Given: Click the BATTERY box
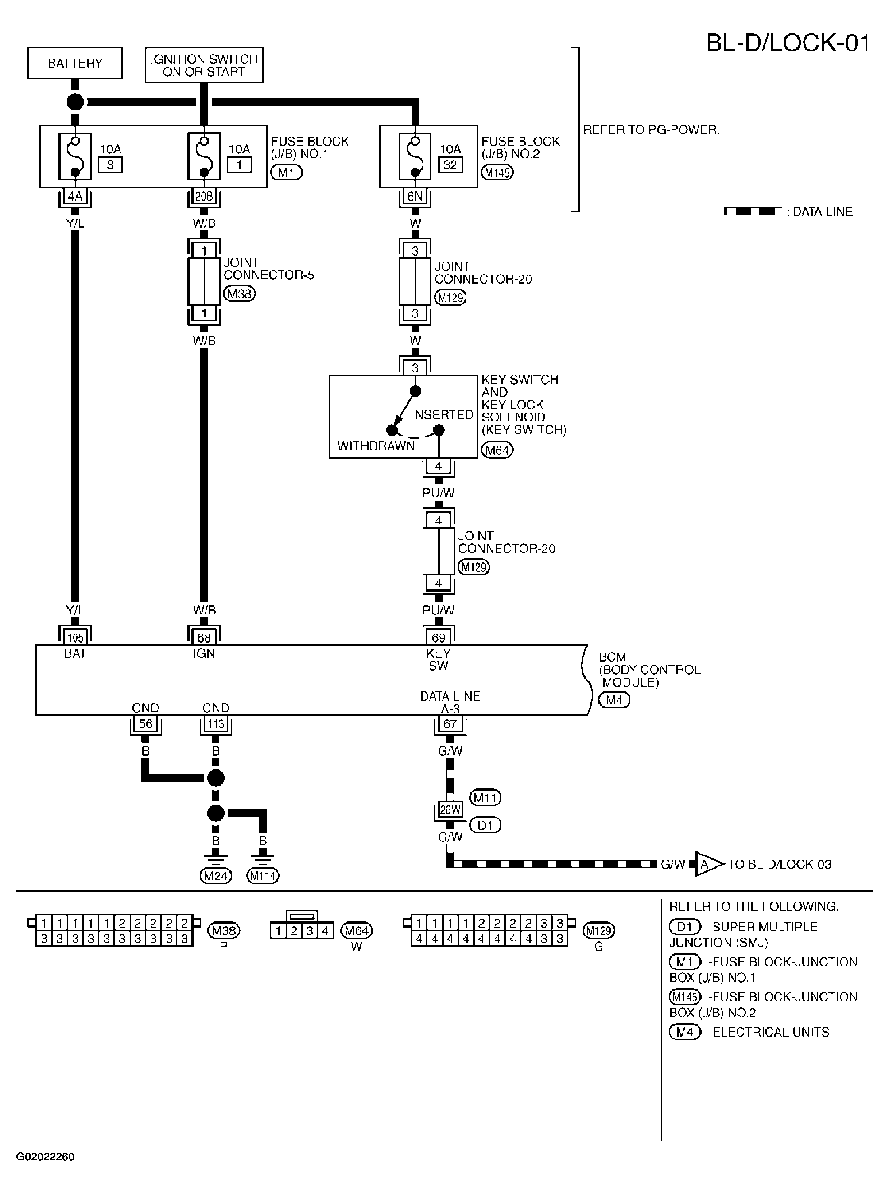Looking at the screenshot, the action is pos(75,63).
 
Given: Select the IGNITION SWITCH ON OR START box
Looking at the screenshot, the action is pos(204,65).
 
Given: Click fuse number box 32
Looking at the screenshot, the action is pos(450,165).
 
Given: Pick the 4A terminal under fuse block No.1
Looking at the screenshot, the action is pos(75,196).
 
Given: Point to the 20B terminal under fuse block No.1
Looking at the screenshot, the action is pos(204,196).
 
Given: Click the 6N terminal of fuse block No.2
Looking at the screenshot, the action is pos(415,196).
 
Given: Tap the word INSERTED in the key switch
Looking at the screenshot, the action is pos(443,414).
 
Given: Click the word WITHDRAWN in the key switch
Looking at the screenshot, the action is pos(376,446).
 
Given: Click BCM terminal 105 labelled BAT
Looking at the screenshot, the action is pos(75,638).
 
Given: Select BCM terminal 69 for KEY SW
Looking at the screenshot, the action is pos(439,638).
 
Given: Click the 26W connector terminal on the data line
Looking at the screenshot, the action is pos(450,810).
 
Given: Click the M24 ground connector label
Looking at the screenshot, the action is pos(216,876).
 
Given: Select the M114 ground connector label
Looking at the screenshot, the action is pos(263,876).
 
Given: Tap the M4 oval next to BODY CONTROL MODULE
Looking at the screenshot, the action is pos(614,700).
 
